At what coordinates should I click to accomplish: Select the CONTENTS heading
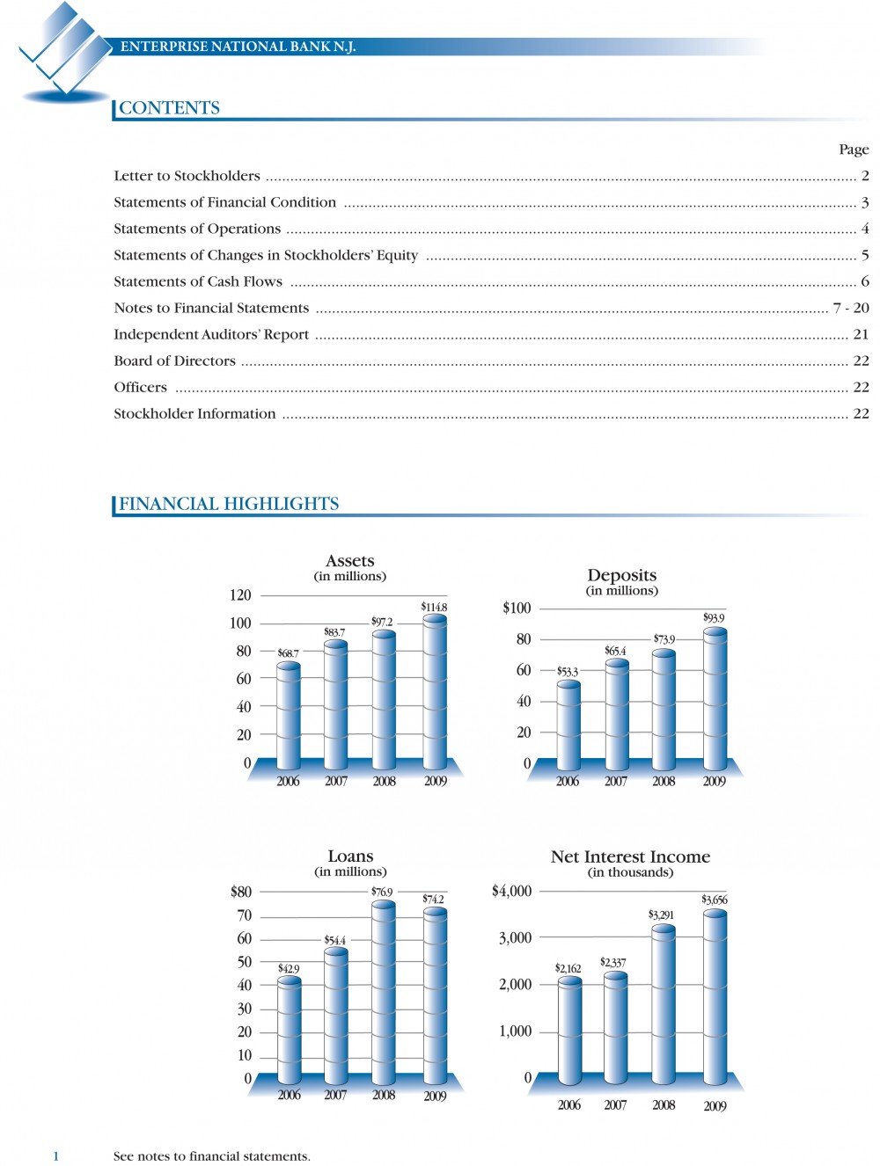click(x=169, y=108)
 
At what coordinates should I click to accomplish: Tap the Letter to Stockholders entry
click(x=187, y=176)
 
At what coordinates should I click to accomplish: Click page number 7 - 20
click(x=850, y=308)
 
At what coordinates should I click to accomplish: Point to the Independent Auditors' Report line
click(x=211, y=334)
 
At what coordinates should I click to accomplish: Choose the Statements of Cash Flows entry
click(x=198, y=281)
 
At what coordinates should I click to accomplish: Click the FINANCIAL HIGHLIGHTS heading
click(x=229, y=504)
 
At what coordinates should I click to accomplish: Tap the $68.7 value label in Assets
click(x=288, y=653)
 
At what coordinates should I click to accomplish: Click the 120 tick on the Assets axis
click(x=240, y=595)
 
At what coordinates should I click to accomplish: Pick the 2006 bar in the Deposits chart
click(x=568, y=725)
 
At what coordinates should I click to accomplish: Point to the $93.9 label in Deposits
click(x=714, y=618)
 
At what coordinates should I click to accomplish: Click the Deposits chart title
click(x=621, y=575)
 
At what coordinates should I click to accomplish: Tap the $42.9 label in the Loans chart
click(x=289, y=968)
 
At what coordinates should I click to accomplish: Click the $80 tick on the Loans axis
click(x=241, y=892)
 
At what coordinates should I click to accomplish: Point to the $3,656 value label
click(x=714, y=900)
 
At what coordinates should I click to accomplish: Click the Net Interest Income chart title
click(x=630, y=856)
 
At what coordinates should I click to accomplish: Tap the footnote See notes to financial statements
click(x=211, y=1156)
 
